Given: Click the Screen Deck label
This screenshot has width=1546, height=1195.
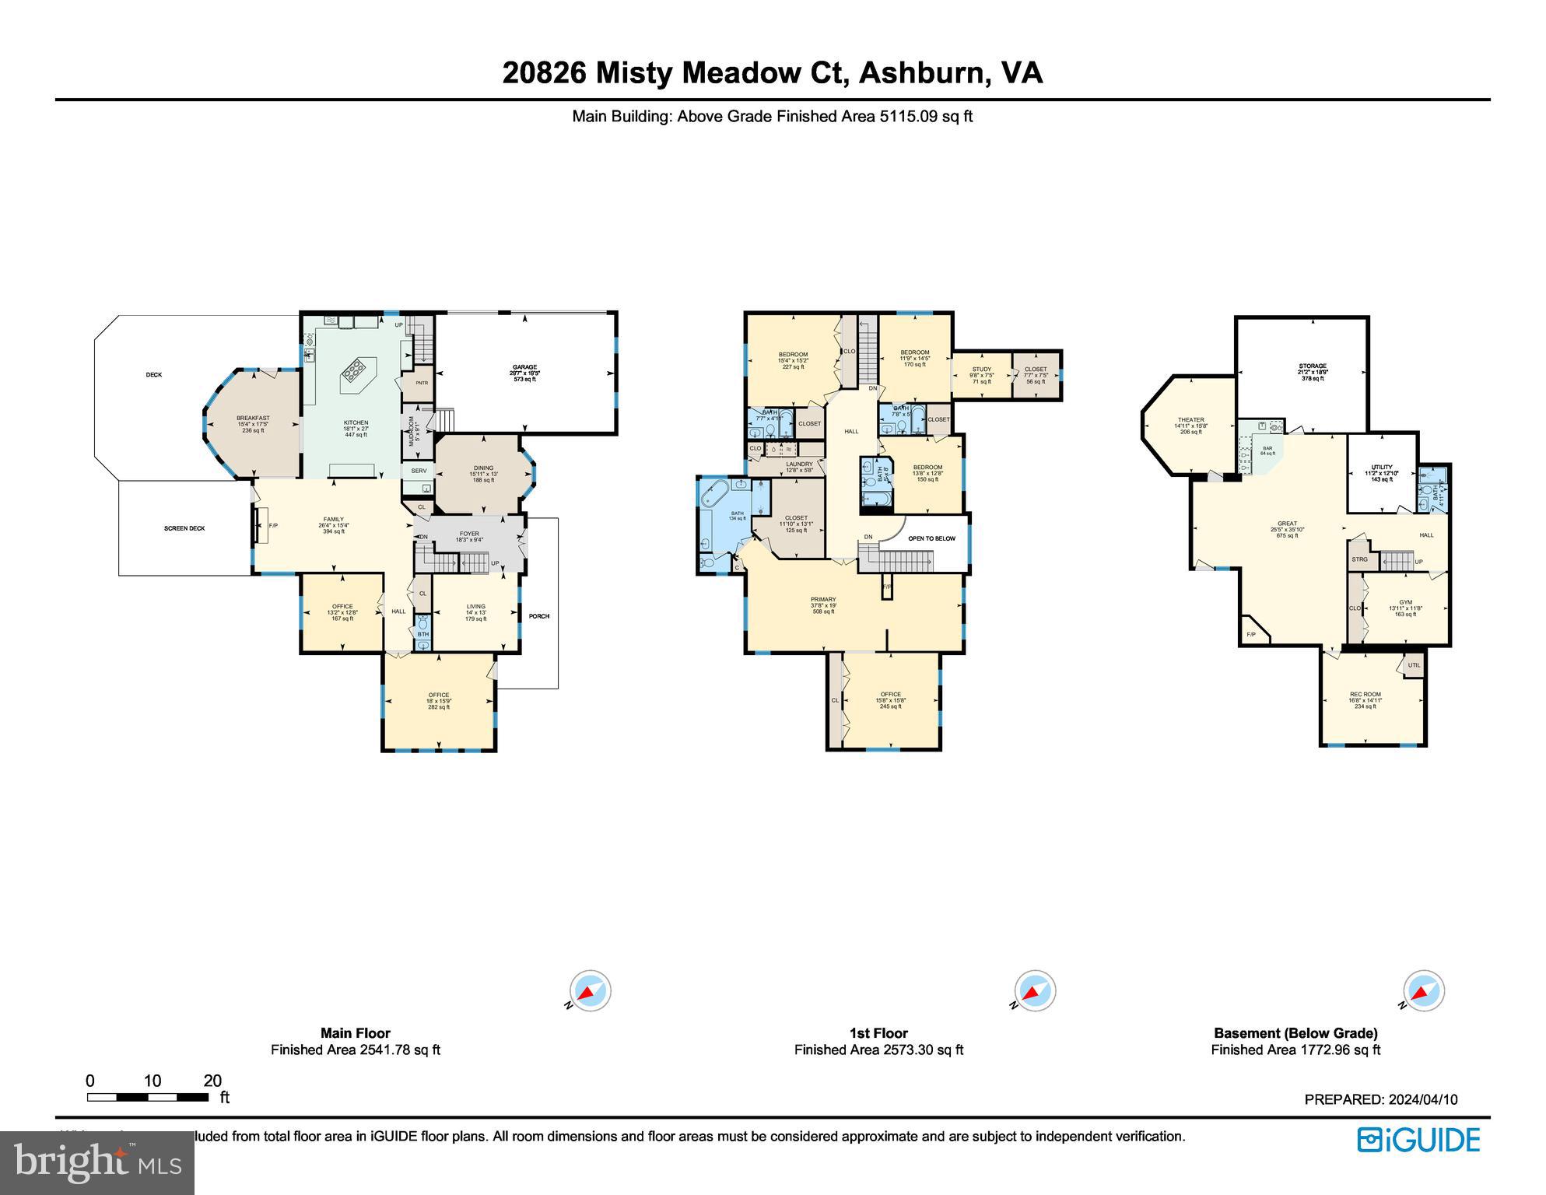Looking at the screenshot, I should point(184,528).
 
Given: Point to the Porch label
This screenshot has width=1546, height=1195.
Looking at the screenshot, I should point(539,616).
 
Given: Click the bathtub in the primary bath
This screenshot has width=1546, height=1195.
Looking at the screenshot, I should point(714,495).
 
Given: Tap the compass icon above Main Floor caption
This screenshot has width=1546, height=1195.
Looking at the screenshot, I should point(590,991).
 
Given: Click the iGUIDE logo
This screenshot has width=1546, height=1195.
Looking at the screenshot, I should point(1419,1140).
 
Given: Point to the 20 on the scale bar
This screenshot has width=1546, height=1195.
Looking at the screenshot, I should point(212,1081).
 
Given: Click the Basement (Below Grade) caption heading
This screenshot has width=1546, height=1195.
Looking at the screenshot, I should point(1295,1033).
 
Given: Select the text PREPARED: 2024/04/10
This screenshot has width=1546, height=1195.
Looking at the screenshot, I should point(1380,1099).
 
